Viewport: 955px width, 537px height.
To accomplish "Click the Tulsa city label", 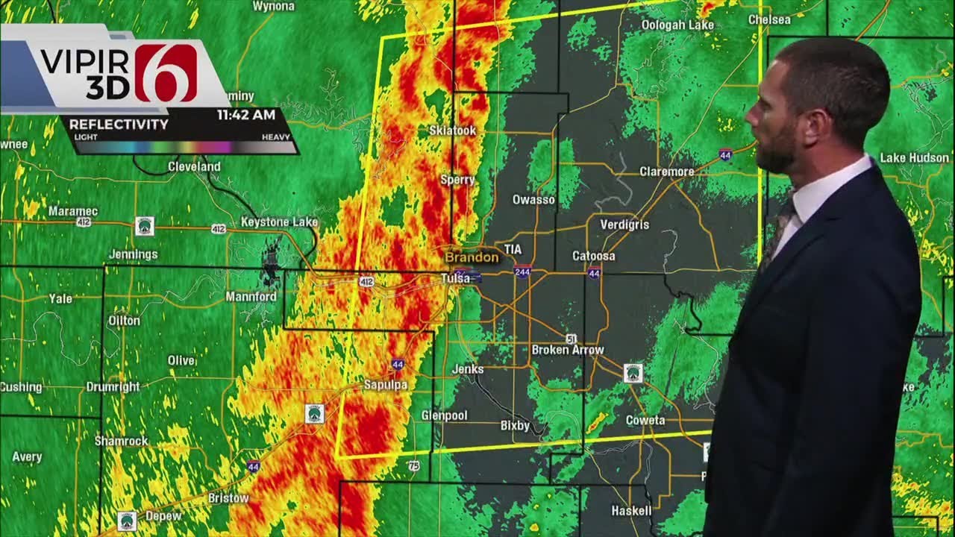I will click(x=454, y=278).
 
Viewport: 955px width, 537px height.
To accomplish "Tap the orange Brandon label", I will click(x=472, y=257).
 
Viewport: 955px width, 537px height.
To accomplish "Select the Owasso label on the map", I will click(x=533, y=200).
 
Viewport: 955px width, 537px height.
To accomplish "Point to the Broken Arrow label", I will click(x=568, y=350).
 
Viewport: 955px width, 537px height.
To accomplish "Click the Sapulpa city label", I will click(x=386, y=385).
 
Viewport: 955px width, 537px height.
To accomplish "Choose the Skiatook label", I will click(x=452, y=131).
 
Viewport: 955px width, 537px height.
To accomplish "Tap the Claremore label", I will click(x=667, y=172).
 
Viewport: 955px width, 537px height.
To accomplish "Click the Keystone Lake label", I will click(x=279, y=222).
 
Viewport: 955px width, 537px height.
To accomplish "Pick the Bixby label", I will click(x=515, y=426).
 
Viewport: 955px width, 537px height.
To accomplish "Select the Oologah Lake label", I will click(x=677, y=25).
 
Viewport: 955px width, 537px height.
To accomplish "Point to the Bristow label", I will click(x=228, y=498).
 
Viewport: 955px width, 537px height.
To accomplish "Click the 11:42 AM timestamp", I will click(x=246, y=115).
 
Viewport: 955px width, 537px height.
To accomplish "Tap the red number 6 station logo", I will click(x=166, y=72).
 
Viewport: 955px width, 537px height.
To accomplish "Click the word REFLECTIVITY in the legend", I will click(x=119, y=125).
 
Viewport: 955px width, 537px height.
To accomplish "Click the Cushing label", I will click(x=21, y=387).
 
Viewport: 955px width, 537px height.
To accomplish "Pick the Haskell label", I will click(x=631, y=511).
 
